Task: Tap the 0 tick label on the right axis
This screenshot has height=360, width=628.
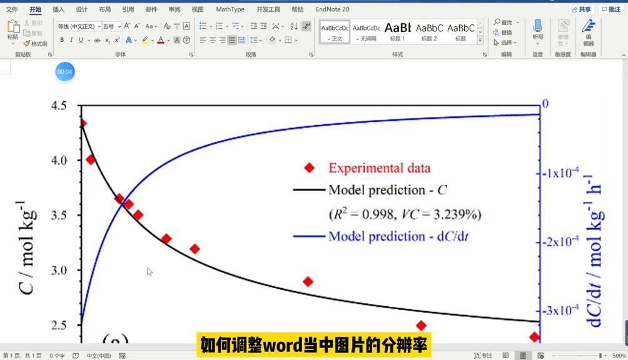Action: pyautogui.click(x=545, y=104)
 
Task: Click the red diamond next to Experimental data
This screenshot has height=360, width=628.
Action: pyautogui.click(x=309, y=167)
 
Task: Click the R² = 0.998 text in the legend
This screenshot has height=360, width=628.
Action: pyautogui.click(x=363, y=214)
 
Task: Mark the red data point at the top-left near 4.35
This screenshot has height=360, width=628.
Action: pyautogui.click(x=82, y=123)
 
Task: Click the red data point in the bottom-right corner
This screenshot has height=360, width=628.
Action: pyautogui.click(x=534, y=337)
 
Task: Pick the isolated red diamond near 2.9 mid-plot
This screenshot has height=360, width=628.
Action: pyautogui.click(x=308, y=281)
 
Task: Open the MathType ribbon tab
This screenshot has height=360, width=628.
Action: pyautogui.click(x=230, y=9)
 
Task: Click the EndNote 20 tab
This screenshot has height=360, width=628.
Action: pyautogui.click(x=332, y=9)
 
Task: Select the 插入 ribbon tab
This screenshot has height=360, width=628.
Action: pyautogui.click(x=58, y=9)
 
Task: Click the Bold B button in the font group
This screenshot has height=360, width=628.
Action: pyautogui.click(x=62, y=40)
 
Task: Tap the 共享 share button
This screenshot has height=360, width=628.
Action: pyautogui.click(x=581, y=9)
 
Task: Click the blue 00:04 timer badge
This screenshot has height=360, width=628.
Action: pyautogui.click(x=65, y=72)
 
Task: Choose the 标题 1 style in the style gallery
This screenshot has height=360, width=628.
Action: pyautogui.click(x=398, y=31)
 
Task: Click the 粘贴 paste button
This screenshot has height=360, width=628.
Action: pyautogui.click(x=13, y=31)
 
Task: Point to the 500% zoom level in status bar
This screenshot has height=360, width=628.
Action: pyautogui.click(x=619, y=356)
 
